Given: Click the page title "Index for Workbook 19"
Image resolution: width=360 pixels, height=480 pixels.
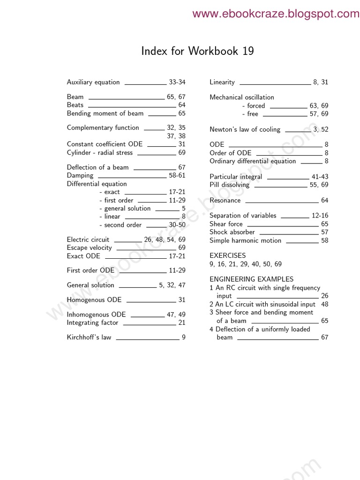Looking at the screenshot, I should pyautogui.click(x=197, y=51).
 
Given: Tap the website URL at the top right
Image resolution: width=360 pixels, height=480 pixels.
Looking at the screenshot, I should pyautogui.click(x=276, y=14).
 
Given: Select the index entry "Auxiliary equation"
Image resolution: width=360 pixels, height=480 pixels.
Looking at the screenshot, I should pyautogui.click(x=93, y=82).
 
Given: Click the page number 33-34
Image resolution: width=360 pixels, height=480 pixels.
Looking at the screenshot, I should pyautogui.click(x=177, y=82).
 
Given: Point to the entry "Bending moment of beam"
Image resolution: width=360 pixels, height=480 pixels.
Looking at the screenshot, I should pyautogui.click(x=105, y=113).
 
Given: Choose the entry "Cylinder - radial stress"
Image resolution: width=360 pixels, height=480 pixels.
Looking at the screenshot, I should pyautogui.click(x=100, y=153).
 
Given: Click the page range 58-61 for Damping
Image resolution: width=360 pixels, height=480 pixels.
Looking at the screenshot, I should pyautogui.click(x=177, y=175).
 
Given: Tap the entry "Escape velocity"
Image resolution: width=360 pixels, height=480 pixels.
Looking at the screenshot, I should pyautogui.click(x=89, y=247).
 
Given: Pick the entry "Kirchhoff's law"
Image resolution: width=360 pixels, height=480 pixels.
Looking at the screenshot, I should pyautogui.click(x=89, y=337).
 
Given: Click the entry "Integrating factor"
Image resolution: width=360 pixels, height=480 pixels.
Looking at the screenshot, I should pyautogui.click(x=92, y=323).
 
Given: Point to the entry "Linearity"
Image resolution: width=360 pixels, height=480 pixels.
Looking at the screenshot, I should pyautogui.click(x=222, y=82).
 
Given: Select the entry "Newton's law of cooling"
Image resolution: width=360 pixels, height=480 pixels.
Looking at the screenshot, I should pyautogui.click(x=245, y=130).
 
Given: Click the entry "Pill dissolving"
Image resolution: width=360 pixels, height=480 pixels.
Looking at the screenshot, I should pyautogui.click(x=229, y=185).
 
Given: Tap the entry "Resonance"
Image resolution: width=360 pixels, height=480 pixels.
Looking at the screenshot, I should pyautogui.click(x=225, y=201).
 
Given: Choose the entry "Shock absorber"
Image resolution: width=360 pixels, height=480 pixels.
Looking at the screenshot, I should pyautogui.click(x=232, y=232).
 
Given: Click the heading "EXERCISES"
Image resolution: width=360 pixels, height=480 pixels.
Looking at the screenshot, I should pyautogui.click(x=227, y=255).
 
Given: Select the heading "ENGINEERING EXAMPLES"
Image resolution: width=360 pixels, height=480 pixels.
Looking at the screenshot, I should pyautogui.click(x=251, y=279).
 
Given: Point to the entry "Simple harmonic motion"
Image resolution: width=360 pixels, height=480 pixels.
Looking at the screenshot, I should pyautogui.click(x=245, y=241).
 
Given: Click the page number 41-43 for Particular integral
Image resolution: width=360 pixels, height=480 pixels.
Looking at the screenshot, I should pyautogui.click(x=320, y=177).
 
